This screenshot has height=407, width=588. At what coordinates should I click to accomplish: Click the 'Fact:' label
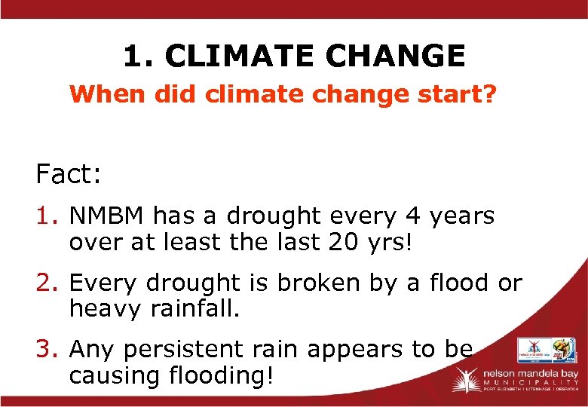69,175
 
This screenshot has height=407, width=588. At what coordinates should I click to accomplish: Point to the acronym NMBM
107,216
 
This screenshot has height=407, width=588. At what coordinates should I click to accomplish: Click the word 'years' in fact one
461,216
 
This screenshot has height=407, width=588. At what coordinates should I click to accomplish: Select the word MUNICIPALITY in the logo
528,383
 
